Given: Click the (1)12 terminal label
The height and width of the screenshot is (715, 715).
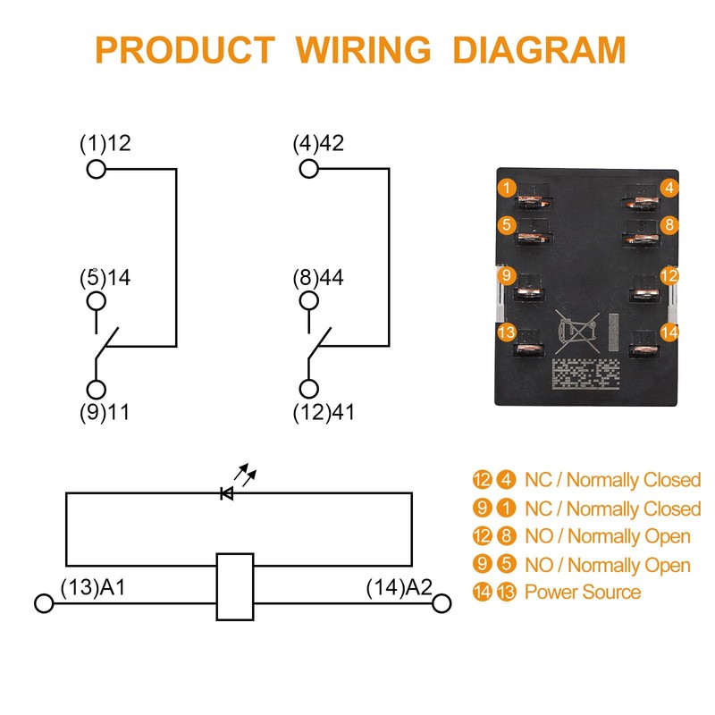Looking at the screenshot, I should (x=105, y=143).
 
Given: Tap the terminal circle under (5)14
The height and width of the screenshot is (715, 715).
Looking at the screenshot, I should (x=96, y=301).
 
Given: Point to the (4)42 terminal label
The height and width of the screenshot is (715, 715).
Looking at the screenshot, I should (x=318, y=143).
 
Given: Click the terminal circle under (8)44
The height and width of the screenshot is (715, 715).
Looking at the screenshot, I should (x=309, y=301).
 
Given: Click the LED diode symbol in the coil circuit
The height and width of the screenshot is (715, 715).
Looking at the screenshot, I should (x=227, y=492).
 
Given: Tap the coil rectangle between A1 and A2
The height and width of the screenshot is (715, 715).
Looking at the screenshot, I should (x=236, y=586).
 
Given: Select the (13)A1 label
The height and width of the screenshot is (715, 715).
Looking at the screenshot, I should (x=92, y=587).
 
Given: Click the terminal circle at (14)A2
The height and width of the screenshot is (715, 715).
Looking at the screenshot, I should (x=441, y=604).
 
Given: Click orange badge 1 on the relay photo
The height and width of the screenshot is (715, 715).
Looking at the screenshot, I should (x=507, y=188).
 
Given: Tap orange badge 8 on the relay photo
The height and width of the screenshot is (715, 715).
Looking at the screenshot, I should (x=670, y=223).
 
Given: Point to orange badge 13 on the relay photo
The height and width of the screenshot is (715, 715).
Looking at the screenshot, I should (x=507, y=332).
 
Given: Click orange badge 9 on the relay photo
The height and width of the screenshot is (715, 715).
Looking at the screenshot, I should (x=507, y=275).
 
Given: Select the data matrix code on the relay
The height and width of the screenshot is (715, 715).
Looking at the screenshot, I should (x=585, y=374).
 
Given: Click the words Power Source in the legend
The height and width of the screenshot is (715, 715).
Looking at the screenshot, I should (x=582, y=592).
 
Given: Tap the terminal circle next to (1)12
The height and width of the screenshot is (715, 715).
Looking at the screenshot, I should (x=96, y=168).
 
